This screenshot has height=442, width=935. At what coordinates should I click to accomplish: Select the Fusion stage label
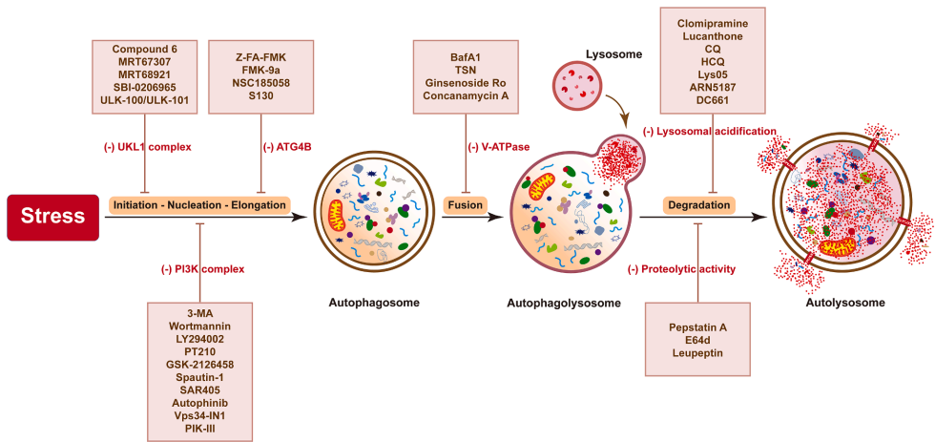tap(466, 204)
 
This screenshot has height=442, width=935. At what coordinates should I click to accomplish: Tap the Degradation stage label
tap(697, 204)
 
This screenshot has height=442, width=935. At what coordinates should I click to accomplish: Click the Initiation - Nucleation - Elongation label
tap(198, 204)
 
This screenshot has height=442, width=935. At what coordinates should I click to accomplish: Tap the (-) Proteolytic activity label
tap(681, 270)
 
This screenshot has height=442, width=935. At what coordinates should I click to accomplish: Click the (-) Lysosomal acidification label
tap(711, 131)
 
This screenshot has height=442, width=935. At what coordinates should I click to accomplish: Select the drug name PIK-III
tap(199, 429)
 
